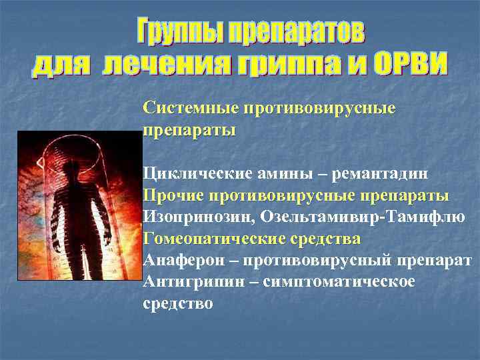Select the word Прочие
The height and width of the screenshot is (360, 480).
pos(173,195)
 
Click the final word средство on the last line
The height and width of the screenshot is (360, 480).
pos(178,303)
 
